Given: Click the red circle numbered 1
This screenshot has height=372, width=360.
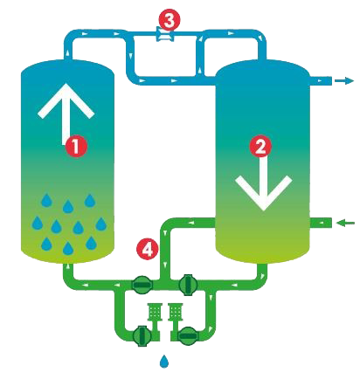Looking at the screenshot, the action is coord(76,146).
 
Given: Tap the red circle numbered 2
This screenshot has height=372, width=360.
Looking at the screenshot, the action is coord(260,146).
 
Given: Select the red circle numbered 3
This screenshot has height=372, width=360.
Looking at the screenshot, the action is coord(170,20).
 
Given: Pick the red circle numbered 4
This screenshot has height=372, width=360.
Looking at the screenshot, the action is coord(148,249).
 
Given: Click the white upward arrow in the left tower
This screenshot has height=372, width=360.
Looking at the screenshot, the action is coord(66,114).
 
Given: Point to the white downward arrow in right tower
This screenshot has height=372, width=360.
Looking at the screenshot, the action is coord(264,181).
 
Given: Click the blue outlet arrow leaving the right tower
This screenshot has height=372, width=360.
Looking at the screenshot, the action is coord(344,80).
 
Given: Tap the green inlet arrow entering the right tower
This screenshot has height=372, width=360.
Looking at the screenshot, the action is coord(345,223).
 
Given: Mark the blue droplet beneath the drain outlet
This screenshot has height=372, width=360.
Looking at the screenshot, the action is coord(164,362).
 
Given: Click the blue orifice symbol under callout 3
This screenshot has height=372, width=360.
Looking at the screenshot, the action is coord(165,34).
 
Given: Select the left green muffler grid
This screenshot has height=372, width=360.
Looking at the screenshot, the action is coord(155,312).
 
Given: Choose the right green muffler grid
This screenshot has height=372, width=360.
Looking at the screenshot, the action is coord(176,312).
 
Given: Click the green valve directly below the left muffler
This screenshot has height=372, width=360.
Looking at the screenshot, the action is coord(142,335).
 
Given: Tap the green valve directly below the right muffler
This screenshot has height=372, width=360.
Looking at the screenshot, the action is coord(187,335).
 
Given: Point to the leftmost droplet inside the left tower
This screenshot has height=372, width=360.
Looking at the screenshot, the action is coord(38,223).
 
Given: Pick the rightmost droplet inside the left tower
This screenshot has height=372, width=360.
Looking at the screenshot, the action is coord(101,224).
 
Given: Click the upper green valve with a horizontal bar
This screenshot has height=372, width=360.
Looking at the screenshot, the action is coord(142,285).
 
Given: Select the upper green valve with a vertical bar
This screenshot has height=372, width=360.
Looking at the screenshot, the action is coord(188,285).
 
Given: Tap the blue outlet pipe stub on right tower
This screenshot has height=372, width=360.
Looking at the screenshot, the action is coord(321,80).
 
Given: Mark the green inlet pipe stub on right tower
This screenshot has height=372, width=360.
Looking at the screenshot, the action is coord(321,223).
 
